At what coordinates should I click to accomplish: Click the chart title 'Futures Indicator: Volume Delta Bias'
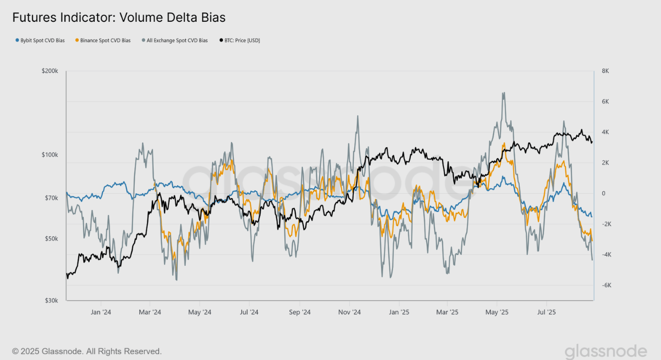click(119, 18)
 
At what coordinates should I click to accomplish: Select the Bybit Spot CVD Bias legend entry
click(40, 41)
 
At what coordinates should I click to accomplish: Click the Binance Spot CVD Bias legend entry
click(103, 41)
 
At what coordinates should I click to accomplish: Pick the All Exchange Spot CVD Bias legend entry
click(174, 41)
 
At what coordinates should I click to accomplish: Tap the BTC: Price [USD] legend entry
click(239, 41)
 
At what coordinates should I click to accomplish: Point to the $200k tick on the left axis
click(50, 71)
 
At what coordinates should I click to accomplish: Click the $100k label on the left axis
click(50, 155)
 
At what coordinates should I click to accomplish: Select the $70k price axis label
click(52, 198)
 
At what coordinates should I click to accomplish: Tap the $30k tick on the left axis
click(52, 301)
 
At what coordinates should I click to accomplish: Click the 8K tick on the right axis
click(605, 71)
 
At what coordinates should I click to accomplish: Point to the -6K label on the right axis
click(605, 285)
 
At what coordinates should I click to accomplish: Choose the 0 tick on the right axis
click(604, 194)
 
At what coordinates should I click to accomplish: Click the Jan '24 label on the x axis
click(101, 312)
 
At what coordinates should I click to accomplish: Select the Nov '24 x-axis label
click(349, 312)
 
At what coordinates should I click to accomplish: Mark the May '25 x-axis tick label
click(497, 312)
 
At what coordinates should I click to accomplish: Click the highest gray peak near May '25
click(504, 93)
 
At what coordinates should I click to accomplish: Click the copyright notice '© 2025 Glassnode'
click(87, 351)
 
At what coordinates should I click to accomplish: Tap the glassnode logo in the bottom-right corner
click(606, 351)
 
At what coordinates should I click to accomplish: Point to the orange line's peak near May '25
click(504, 143)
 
